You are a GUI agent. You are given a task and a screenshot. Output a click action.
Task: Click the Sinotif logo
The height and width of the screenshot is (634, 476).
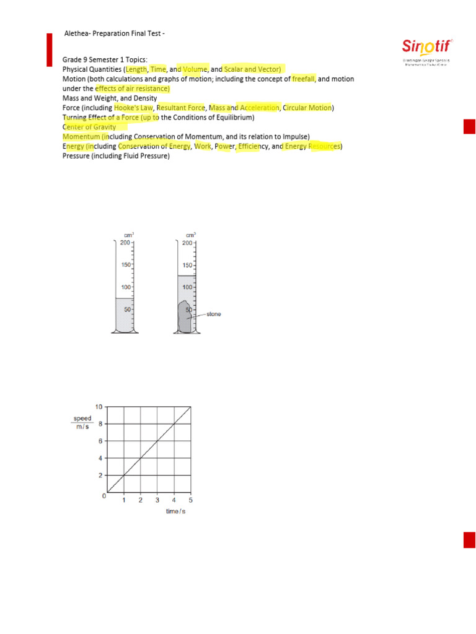(x=427, y=47)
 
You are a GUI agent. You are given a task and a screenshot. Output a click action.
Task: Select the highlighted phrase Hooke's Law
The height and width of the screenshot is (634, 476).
(x=133, y=108)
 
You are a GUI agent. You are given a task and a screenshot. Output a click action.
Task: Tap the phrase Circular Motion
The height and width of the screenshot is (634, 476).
(x=307, y=108)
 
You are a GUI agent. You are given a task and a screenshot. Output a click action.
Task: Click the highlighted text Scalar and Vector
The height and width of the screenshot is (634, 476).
(x=252, y=69)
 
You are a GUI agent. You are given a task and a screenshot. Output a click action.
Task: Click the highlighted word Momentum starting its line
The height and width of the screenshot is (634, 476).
(x=81, y=136)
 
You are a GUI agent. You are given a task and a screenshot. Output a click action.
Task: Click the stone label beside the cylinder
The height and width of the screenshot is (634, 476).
(x=213, y=315)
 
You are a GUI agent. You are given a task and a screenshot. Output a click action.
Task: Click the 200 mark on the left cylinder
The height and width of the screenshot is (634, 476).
(x=125, y=243)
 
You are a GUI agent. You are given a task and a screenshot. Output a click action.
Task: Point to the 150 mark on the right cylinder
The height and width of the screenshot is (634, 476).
(x=187, y=265)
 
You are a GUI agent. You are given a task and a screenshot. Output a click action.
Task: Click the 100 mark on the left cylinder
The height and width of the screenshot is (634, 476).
(x=125, y=287)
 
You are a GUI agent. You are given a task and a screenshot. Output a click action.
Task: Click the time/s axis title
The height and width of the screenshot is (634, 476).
(x=176, y=511)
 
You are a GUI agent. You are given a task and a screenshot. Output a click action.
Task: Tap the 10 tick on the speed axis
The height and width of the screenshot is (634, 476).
(x=99, y=406)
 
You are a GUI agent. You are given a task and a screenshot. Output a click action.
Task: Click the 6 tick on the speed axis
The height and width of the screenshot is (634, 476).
(x=101, y=441)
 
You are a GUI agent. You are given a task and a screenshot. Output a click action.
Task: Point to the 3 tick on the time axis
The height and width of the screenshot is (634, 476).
(x=157, y=500)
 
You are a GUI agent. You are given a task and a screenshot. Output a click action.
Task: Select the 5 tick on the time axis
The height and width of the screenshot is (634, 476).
(x=190, y=500)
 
